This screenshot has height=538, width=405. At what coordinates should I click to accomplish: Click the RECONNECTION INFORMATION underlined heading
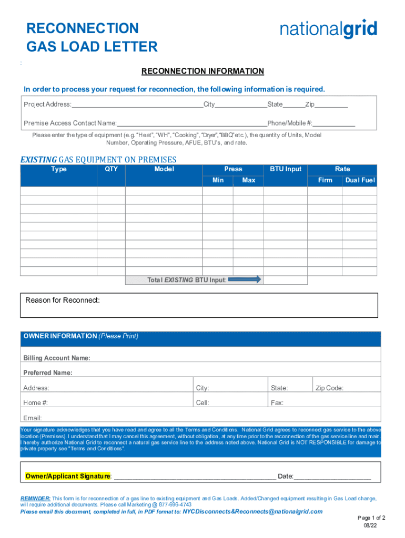point(202,71)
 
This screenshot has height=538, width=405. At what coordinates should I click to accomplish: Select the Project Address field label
point(47,105)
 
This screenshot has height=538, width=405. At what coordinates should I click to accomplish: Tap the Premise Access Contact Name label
point(70,123)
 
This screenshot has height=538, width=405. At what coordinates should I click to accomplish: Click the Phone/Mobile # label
point(290,123)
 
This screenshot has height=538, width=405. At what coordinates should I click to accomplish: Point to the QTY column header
point(111,169)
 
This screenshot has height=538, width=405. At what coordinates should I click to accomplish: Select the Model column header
point(164,169)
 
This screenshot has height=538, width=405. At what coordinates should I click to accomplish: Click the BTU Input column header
point(286,169)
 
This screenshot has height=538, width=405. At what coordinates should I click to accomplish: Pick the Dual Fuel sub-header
point(360,180)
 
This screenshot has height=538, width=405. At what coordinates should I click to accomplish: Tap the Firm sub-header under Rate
point(325,180)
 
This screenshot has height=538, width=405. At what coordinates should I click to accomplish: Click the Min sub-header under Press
point(218,180)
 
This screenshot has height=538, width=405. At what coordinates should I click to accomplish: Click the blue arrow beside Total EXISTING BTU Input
point(245,280)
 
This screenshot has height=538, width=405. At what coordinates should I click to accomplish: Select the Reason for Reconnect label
point(63,301)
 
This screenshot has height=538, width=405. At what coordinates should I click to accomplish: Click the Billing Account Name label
point(57,358)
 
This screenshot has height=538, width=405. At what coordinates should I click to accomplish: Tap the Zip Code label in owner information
point(329,388)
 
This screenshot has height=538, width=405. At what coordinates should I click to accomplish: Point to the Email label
point(33,418)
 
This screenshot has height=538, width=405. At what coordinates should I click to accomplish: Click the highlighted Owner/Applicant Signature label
point(68,477)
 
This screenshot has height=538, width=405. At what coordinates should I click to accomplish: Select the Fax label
point(277,403)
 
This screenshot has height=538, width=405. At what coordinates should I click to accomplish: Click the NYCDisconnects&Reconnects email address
point(252,511)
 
